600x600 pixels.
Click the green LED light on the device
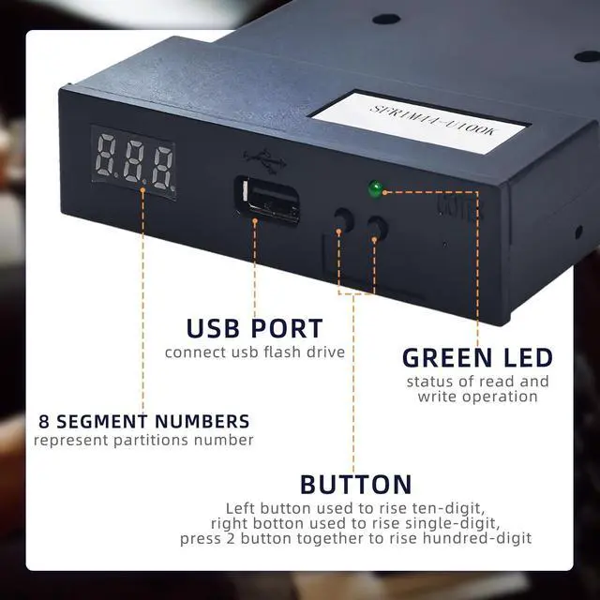(374, 190)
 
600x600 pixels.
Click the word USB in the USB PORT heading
(217, 329)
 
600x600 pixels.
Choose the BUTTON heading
(355, 485)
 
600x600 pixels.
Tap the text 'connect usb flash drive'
(255, 352)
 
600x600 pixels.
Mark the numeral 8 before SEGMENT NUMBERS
(43, 421)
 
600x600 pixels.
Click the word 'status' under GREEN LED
(432, 382)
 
